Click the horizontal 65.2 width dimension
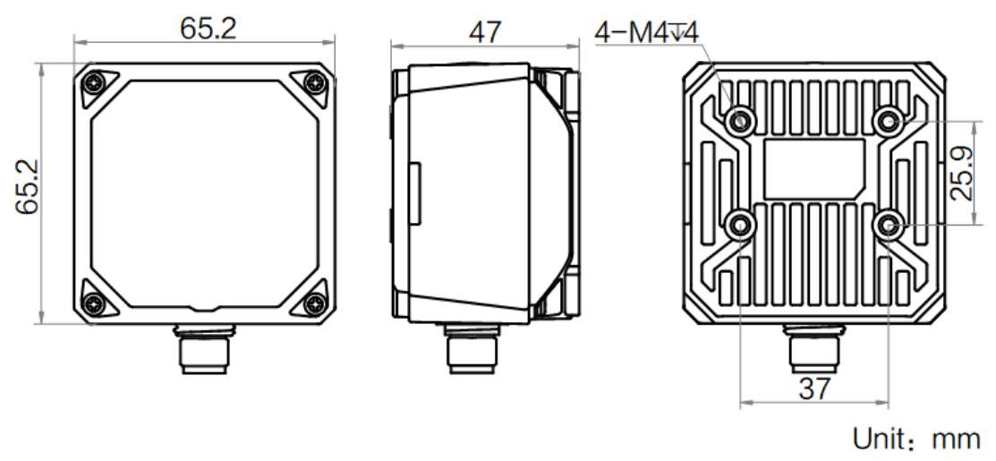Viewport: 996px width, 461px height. click(x=208, y=29)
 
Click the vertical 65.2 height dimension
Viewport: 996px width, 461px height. click(x=28, y=187)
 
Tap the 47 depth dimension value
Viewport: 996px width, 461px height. click(x=485, y=32)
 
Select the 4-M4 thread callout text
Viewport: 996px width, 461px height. click(x=647, y=33)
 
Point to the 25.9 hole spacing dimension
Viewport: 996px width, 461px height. click(x=962, y=173)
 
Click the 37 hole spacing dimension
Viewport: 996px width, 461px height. click(x=814, y=388)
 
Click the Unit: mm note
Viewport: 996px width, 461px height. click(x=916, y=439)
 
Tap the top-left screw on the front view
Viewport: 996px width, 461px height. click(x=95, y=82)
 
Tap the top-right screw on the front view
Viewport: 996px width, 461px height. click(x=314, y=82)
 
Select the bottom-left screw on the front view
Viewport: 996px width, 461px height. click(x=95, y=303)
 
